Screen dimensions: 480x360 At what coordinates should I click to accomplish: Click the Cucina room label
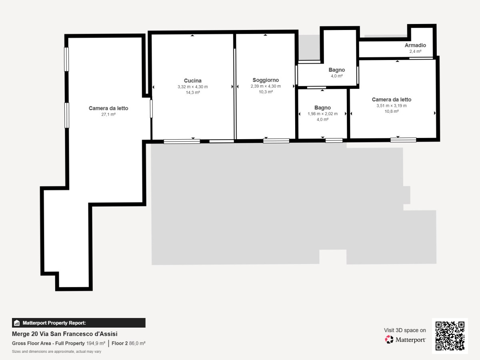[x=193, y=81]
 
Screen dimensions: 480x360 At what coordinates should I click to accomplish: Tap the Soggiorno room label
[x=266, y=80]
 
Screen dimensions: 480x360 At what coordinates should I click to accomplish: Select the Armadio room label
[x=415, y=45]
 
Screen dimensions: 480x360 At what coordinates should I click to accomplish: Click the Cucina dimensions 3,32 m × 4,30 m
[x=193, y=87]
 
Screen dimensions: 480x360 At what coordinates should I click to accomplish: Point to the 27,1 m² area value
[x=108, y=114]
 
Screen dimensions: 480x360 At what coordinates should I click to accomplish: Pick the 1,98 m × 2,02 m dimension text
[x=322, y=114]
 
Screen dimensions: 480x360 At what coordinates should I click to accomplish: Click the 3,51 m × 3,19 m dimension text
[x=392, y=106]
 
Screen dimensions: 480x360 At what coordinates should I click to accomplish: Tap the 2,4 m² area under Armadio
[x=415, y=51]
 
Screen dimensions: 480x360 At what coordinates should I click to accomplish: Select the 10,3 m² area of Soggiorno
[x=266, y=92]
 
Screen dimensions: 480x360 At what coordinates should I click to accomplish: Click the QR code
[x=450, y=336]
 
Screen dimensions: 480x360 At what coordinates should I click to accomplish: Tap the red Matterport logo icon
[x=389, y=340]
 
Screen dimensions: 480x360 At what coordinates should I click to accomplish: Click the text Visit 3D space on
[x=405, y=330]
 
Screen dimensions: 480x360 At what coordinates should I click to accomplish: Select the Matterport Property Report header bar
[x=79, y=323]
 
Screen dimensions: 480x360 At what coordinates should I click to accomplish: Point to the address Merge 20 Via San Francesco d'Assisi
[x=65, y=334]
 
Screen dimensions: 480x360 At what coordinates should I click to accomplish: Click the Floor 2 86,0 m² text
[x=128, y=343]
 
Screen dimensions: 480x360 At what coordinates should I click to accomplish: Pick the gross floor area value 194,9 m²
[x=96, y=343]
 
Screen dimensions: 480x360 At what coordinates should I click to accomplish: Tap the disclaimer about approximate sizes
[x=57, y=352]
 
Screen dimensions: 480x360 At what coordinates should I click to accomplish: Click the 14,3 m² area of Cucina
[x=193, y=93]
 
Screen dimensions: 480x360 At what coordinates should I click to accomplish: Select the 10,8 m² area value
[x=392, y=112]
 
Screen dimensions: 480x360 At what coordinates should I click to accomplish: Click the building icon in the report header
[x=17, y=323]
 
